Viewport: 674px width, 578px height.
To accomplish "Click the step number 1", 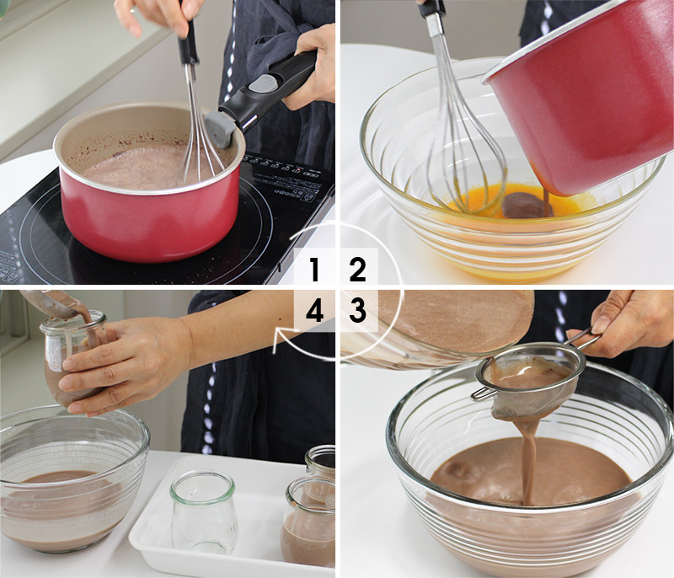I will [314, 270].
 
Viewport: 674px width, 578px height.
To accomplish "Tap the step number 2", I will [358, 270].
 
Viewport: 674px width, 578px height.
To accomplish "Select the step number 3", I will [358, 311].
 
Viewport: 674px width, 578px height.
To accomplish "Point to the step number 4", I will [314, 312].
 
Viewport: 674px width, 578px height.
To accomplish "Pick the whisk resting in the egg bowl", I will [459, 143].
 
